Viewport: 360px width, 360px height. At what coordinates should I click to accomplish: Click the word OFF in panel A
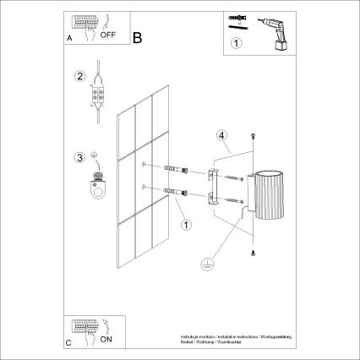(107, 37)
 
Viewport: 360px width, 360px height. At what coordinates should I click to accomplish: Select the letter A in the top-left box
(68, 39)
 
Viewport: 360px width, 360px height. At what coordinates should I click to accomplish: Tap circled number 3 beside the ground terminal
(80, 156)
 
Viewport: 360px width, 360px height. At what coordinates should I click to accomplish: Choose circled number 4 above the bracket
(221, 134)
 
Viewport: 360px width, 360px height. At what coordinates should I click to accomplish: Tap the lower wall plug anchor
(172, 194)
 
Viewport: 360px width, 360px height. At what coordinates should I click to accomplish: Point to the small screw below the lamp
(252, 253)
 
